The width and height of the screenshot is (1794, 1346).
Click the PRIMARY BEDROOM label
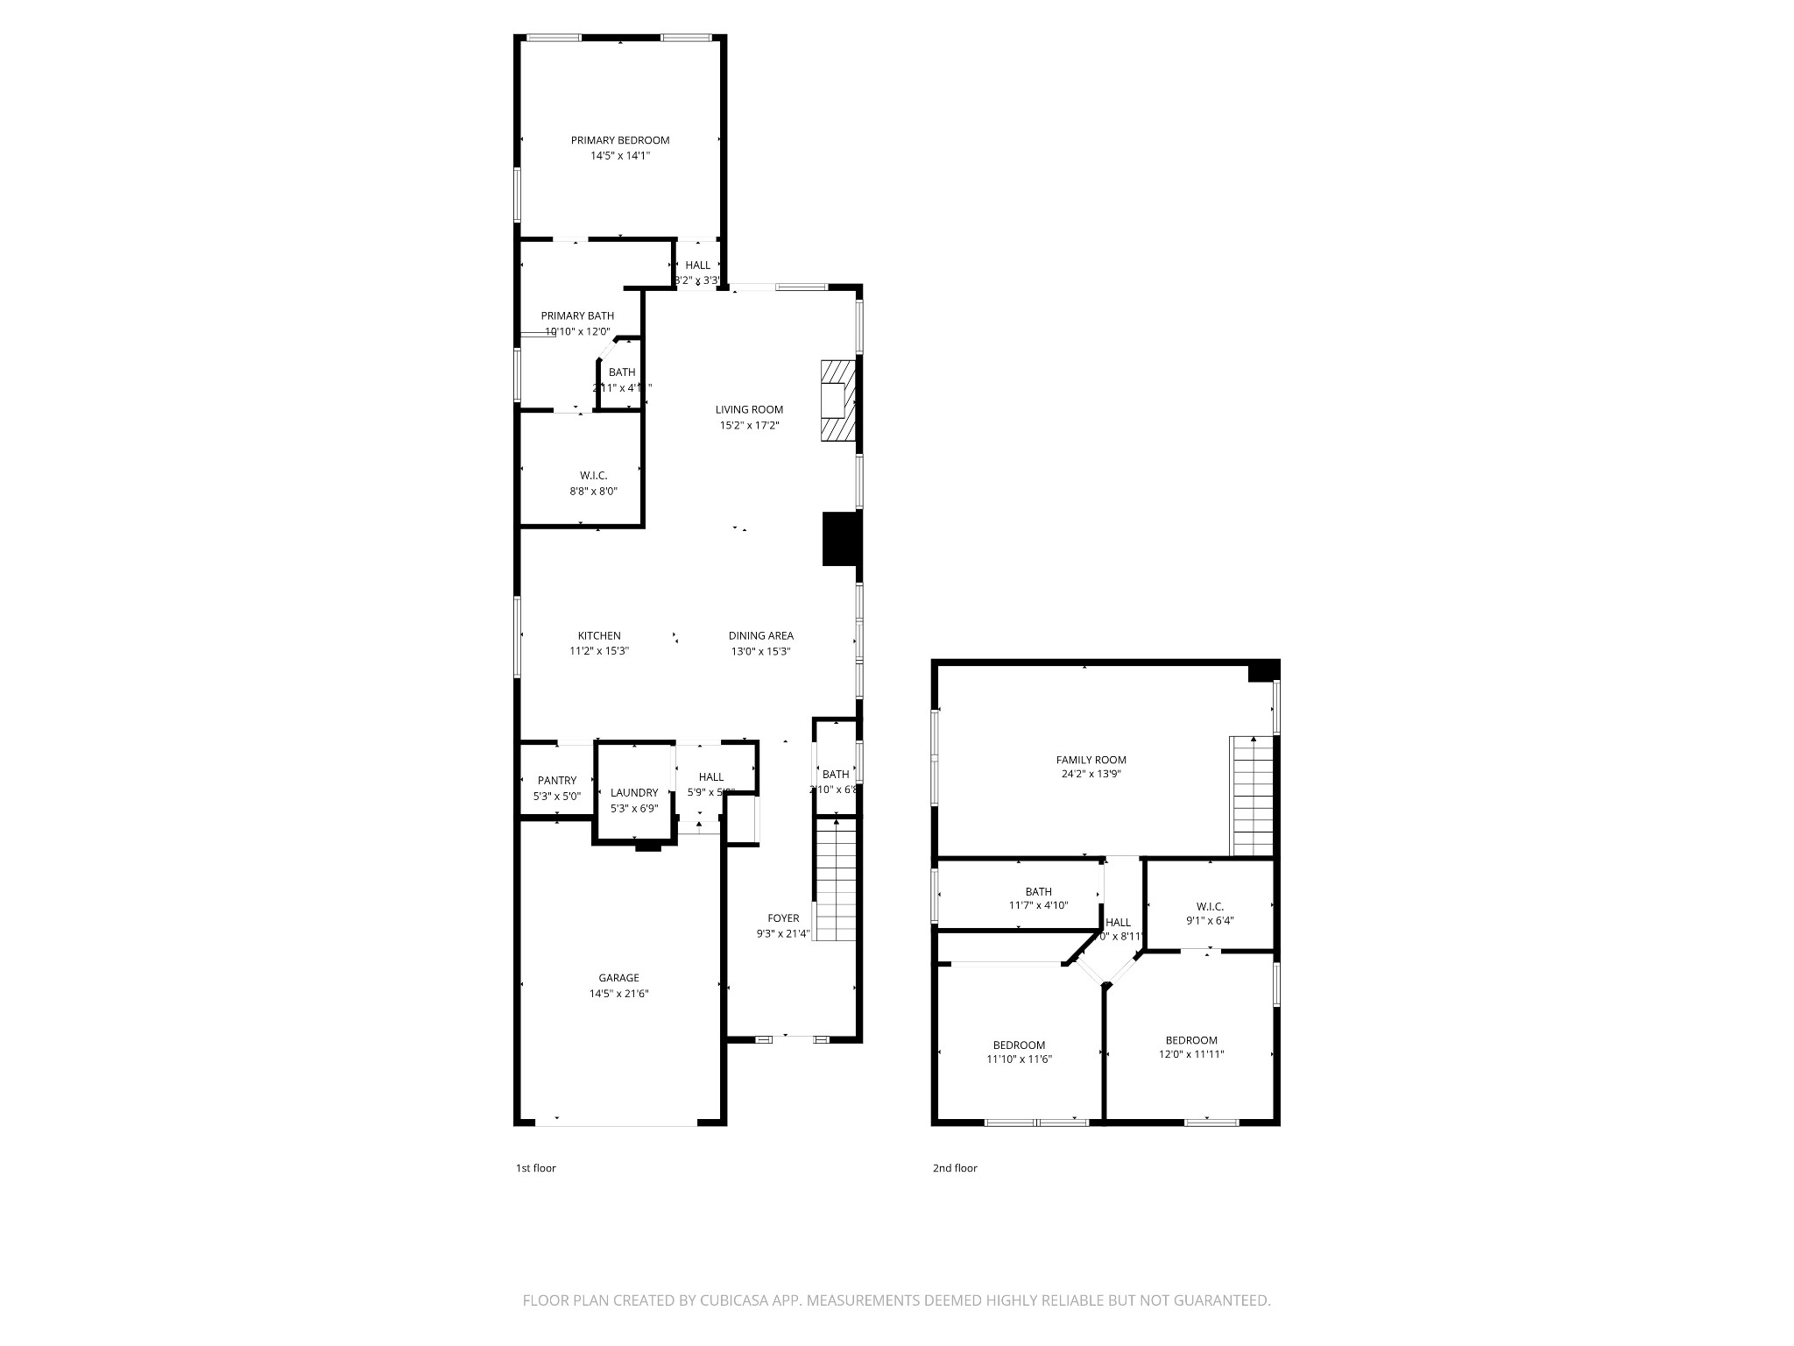tap(620, 140)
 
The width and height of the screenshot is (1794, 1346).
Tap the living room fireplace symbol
tap(837, 401)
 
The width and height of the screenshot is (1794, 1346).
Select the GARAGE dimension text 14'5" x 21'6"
tap(618, 994)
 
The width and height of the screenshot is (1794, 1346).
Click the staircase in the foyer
tap(836, 879)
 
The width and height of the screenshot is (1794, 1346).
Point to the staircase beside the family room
tap(1252, 796)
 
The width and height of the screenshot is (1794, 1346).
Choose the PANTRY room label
tap(557, 781)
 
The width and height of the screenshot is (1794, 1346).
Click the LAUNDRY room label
tap(634, 793)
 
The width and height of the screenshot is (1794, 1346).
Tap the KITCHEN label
tap(599, 636)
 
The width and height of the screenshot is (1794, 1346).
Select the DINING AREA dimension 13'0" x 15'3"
tap(761, 652)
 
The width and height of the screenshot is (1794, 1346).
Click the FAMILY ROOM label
tap(1091, 760)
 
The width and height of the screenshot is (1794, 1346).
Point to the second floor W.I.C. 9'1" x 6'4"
tap(1210, 914)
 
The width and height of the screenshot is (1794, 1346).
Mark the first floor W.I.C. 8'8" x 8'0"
tap(593, 484)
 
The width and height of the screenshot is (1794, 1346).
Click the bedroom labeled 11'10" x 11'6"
tap(1019, 1052)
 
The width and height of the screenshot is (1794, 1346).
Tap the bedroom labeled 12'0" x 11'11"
tap(1190, 1048)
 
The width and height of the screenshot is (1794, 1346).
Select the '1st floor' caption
tap(535, 1168)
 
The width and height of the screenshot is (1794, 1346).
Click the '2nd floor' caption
tap(955, 1168)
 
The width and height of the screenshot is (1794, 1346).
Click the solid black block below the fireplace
tap(842, 538)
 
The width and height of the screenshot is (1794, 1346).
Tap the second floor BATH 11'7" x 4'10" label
tap(1038, 899)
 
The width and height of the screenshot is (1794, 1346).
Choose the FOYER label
tap(783, 918)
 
